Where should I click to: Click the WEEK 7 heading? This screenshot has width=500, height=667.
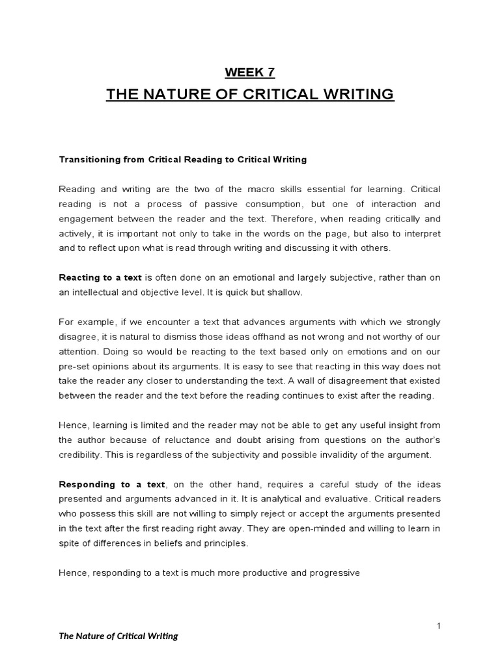click(x=250, y=72)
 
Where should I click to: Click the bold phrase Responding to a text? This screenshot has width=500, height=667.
click(x=113, y=484)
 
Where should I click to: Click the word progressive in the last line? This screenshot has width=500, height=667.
click(x=334, y=573)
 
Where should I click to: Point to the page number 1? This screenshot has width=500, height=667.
click(x=439, y=626)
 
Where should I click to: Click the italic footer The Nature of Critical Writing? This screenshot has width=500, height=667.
click(x=118, y=636)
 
